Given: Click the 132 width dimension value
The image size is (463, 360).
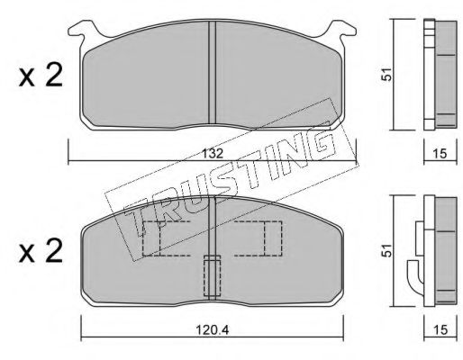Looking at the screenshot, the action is (213, 154).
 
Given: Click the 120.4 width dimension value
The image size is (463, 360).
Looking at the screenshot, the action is (213, 330).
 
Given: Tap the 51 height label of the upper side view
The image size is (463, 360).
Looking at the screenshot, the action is (387, 74).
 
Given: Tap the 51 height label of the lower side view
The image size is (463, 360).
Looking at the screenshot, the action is (387, 250).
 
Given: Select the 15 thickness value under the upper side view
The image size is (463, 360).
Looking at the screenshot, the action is (440, 154).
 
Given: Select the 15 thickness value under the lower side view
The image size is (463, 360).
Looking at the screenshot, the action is (440, 330).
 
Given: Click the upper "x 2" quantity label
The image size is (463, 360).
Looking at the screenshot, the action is (41, 76).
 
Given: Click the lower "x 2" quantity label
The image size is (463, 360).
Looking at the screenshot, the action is (41, 251).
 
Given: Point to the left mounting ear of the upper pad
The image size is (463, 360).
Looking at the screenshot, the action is (83, 31).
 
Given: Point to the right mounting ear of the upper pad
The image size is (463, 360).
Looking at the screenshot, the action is (341, 31).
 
